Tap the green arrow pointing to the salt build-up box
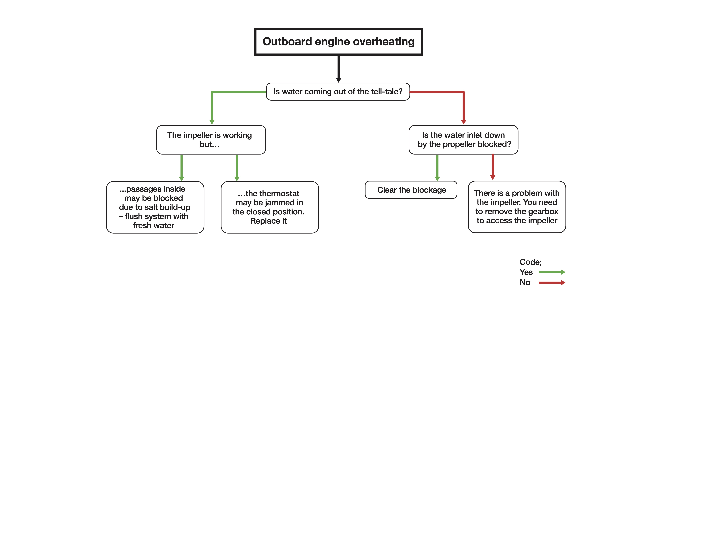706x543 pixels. (181, 168)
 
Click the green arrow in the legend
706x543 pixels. (552, 272)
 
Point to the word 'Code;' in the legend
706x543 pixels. (530, 262)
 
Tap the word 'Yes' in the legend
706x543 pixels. (526, 272)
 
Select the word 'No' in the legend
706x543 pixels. (525, 282)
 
